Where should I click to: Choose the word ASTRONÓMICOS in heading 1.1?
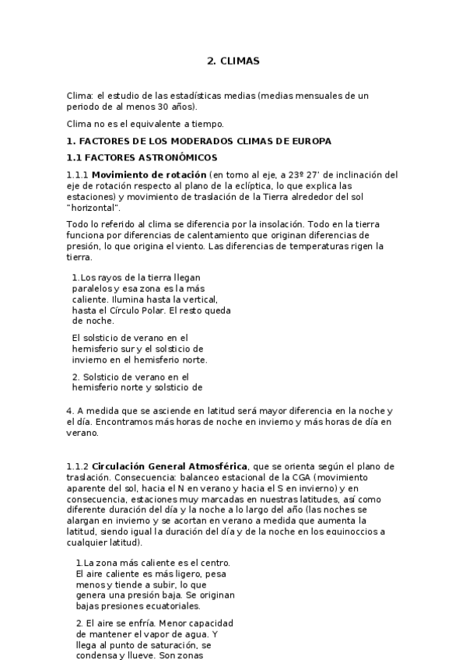click(179, 157)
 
